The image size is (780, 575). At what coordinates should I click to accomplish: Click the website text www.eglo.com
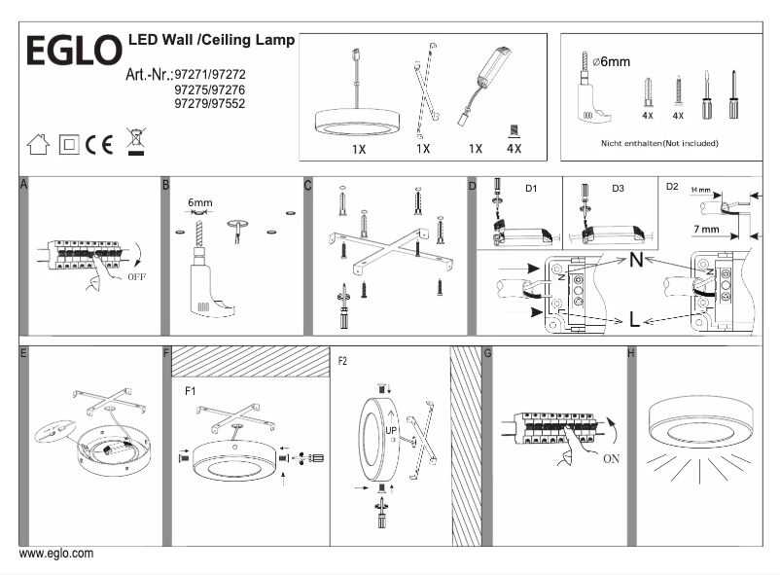point(56,554)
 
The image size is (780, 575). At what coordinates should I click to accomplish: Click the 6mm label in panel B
point(199,203)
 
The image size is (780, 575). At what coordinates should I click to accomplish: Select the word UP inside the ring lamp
point(392,428)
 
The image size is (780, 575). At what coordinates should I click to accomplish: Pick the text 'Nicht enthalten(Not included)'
point(660,143)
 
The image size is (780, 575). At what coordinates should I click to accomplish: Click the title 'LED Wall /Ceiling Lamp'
point(211,42)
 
